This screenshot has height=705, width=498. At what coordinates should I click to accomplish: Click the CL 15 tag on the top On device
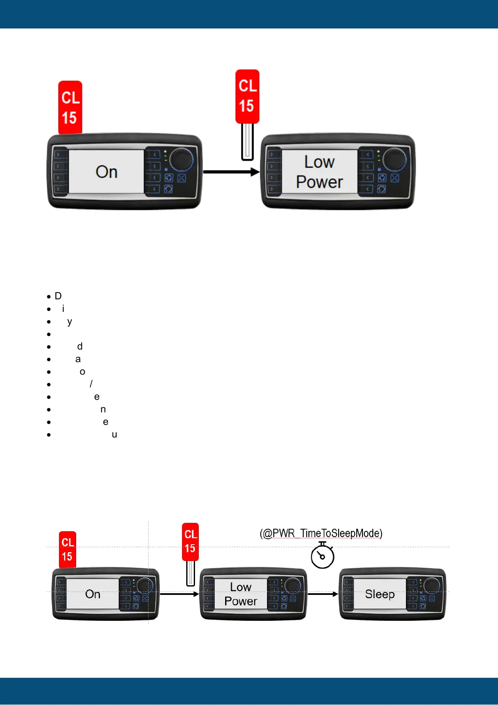tap(70, 107)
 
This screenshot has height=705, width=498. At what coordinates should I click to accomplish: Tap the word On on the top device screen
tap(106, 172)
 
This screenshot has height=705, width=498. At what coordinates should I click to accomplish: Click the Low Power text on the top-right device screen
tap(319, 172)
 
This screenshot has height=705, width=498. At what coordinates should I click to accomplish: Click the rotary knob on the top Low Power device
tap(395, 159)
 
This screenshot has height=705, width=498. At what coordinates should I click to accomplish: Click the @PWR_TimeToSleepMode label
tap(321, 533)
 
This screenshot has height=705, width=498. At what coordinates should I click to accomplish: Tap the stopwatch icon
tap(322, 556)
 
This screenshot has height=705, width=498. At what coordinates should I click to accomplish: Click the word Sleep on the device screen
tap(380, 594)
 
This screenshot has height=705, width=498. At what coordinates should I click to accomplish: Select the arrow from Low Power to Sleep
tap(323, 594)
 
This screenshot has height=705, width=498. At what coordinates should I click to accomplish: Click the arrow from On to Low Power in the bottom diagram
tap(179, 594)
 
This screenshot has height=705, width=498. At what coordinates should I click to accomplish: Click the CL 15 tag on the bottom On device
tap(67, 550)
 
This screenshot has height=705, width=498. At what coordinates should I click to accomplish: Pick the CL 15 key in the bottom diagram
tap(190, 543)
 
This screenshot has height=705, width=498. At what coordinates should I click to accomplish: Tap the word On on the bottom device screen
tap(92, 594)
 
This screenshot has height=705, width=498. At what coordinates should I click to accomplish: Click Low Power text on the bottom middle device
tap(241, 594)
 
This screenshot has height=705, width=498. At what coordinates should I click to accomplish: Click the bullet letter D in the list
tap(58, 296)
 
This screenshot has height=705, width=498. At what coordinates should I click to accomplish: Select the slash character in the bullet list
tap(91, 384)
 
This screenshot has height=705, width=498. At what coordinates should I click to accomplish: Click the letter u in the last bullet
tap(114, 435)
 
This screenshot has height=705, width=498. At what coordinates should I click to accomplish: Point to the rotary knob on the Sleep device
tap(431, 585)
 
